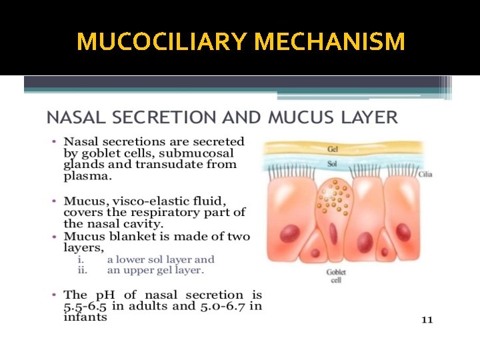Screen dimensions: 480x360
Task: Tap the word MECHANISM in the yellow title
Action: (330, 42)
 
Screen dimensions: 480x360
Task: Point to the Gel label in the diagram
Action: (332, 149)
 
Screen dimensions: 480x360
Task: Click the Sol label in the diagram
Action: (332, 162)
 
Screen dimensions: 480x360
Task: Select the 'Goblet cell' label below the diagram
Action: (336, 276)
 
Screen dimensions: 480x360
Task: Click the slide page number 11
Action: (427, 320)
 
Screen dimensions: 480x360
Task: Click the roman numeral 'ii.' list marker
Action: (83, 270)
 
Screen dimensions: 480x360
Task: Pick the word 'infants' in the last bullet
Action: (85, 317)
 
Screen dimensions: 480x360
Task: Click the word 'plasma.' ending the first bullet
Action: (87, 177)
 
